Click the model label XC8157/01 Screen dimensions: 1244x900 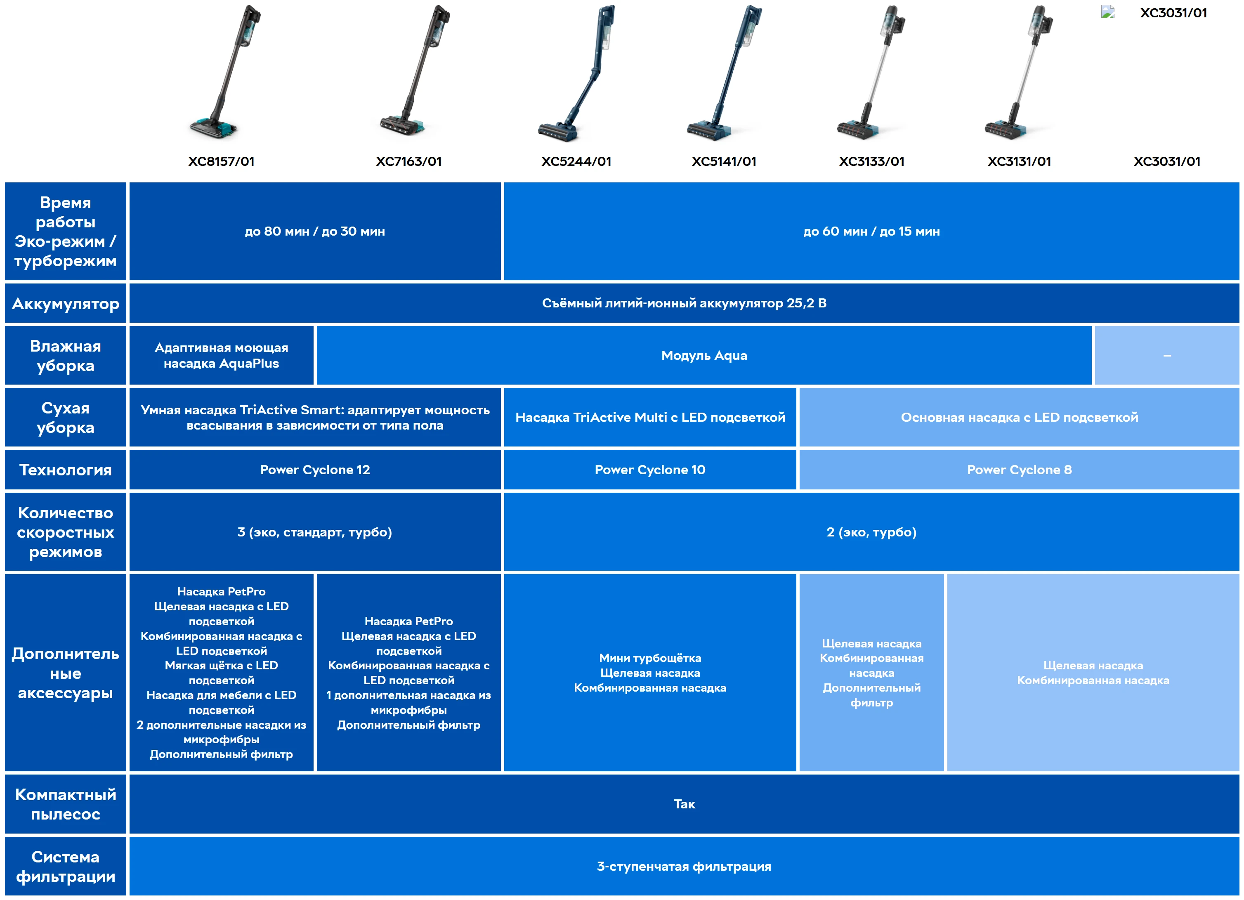click(221, 161)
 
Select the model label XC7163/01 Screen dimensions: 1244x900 click(408, 161)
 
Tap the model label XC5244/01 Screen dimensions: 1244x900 click(576, 161)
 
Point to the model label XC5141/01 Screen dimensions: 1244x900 click(724, 161)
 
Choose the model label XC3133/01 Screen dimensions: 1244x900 click(871, 161)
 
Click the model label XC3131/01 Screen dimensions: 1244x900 click(1019, 161)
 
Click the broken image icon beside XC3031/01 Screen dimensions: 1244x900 click(1107, 12)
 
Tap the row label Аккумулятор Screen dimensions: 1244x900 click(65, 303)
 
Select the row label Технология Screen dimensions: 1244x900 click(65, 470)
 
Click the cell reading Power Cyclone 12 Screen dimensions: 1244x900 click(315, 470)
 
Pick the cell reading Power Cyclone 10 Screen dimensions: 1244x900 click(650, 470)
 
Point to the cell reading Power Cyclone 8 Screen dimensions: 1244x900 click(1019, 470)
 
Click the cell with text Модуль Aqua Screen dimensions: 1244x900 click(704, 355)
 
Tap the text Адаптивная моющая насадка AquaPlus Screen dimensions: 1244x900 click(221, 355)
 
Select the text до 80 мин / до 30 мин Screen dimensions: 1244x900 click(315, 231)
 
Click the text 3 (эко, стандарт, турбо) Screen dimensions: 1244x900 click(315, 532)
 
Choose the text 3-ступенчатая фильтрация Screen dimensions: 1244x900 click(684, 867)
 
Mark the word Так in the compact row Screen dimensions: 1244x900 click(684, 804)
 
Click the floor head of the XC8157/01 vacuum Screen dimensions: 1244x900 click(214, 127)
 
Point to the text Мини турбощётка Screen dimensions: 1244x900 click(650, 658)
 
